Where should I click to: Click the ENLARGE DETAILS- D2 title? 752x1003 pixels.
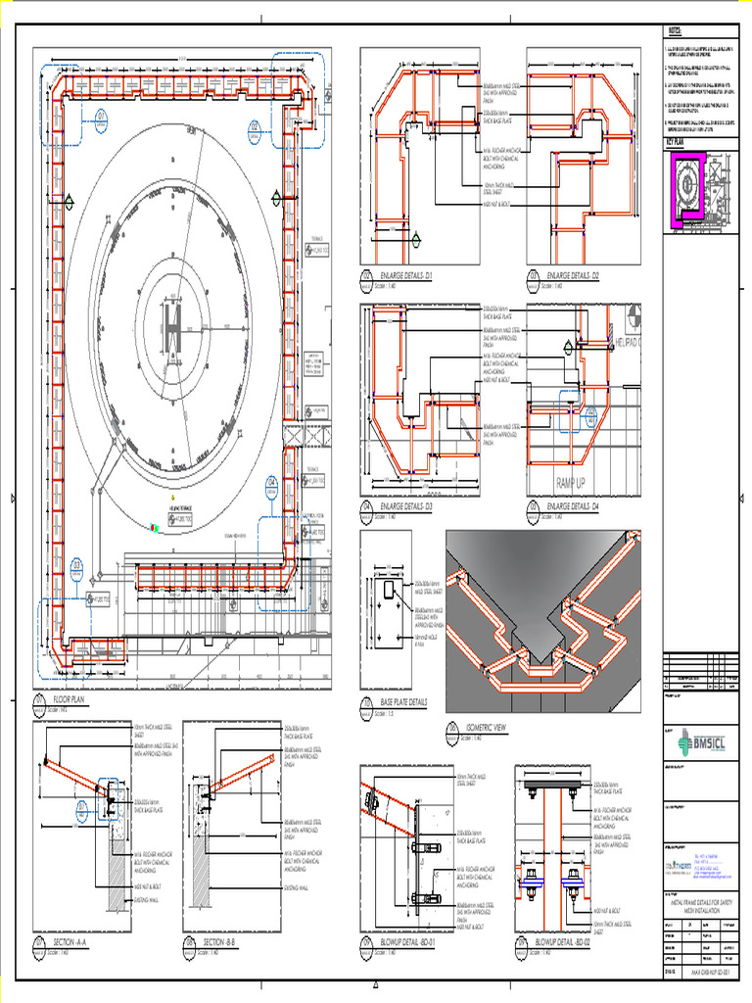point(573,277)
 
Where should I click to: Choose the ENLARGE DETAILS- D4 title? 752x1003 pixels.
point(573,507)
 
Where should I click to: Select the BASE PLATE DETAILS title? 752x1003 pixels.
point(403,703)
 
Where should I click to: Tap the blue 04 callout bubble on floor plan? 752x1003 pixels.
point(272,484)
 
